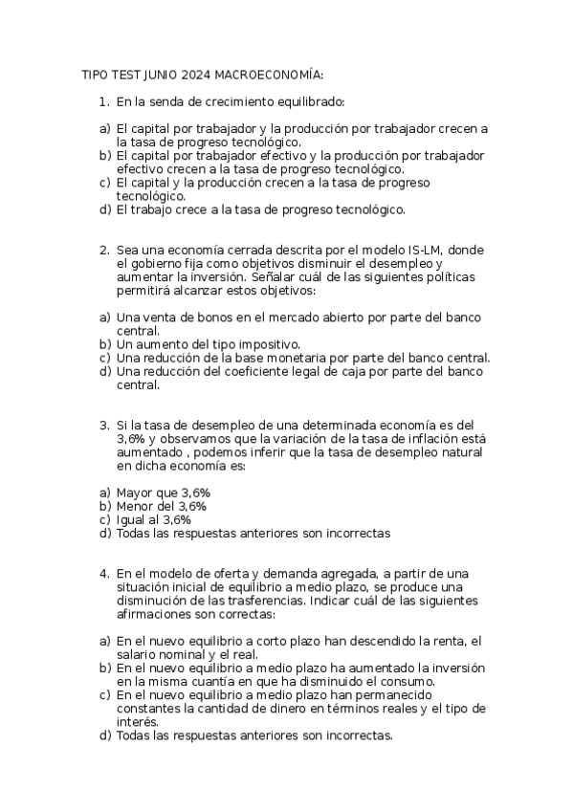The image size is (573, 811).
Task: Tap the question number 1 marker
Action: click(x=103, y=100)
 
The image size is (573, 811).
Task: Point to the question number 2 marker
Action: click(x=103, y=250)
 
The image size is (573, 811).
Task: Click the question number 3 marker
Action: click(x=103, y=425)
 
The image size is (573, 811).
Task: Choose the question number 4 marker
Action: click(x=103, y=574)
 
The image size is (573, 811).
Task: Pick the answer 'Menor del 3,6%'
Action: click(x=161, y=506)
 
